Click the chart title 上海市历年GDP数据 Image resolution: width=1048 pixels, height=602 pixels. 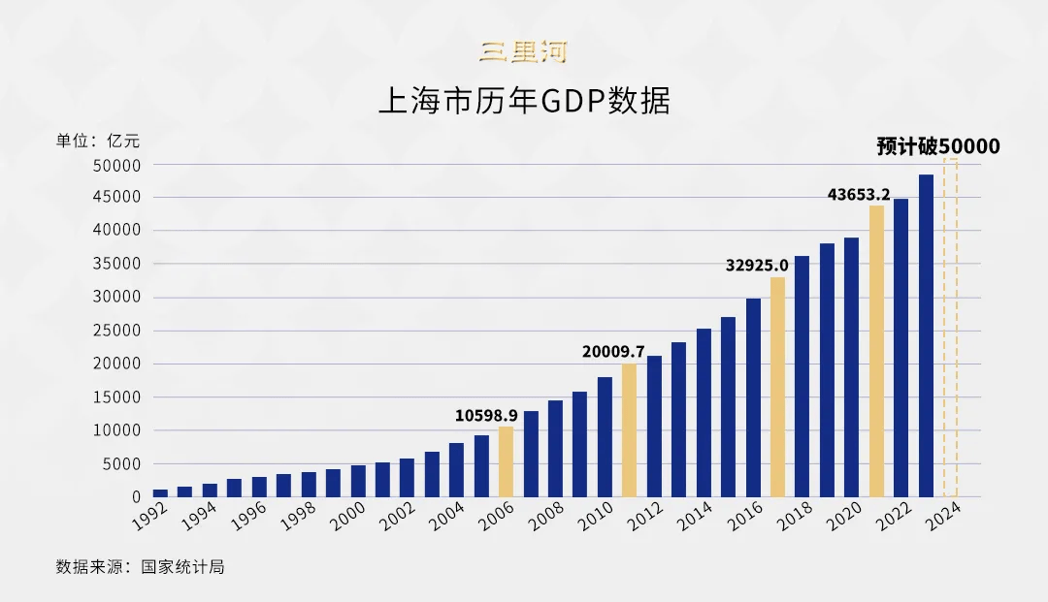(x=524, y=101)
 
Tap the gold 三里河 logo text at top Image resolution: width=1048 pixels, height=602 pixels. (x=523, y=51)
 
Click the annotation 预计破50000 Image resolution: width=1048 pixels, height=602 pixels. (x=937, y=146)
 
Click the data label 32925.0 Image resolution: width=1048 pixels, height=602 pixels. (x=757, y=265)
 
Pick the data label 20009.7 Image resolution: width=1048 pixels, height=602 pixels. (x=614, y=351)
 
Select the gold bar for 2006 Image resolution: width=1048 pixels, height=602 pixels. (x=506, y=461)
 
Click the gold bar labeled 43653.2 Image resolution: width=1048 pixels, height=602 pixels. (x=876, y=351)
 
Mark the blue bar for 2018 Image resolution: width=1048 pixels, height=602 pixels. (x=802, y=376)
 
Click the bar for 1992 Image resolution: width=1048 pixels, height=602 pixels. (x=160, y=492)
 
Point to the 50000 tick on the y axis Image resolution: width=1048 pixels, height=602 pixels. (x=117, y=165)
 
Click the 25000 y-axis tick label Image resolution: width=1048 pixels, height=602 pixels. (x=117, y=331)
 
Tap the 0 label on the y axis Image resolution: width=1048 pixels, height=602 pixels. (x=137, y=496)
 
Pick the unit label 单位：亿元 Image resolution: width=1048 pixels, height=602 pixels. (x=98, y=141)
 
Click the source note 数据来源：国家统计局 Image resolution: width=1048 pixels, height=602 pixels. (x=140, y=566)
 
